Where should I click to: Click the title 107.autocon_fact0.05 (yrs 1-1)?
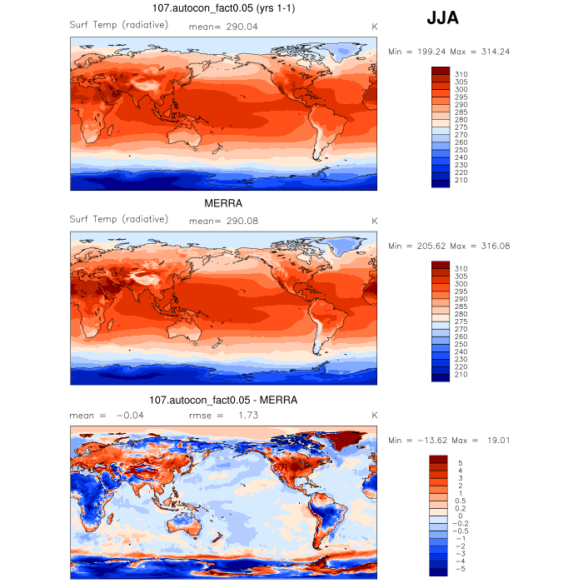point(223,8)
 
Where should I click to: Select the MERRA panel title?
point(223,202)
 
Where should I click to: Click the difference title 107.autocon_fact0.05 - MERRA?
point(223,400)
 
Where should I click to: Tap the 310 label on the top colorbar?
point(461,74)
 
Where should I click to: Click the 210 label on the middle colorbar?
point(461,374)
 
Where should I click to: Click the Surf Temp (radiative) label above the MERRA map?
point(119,219)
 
